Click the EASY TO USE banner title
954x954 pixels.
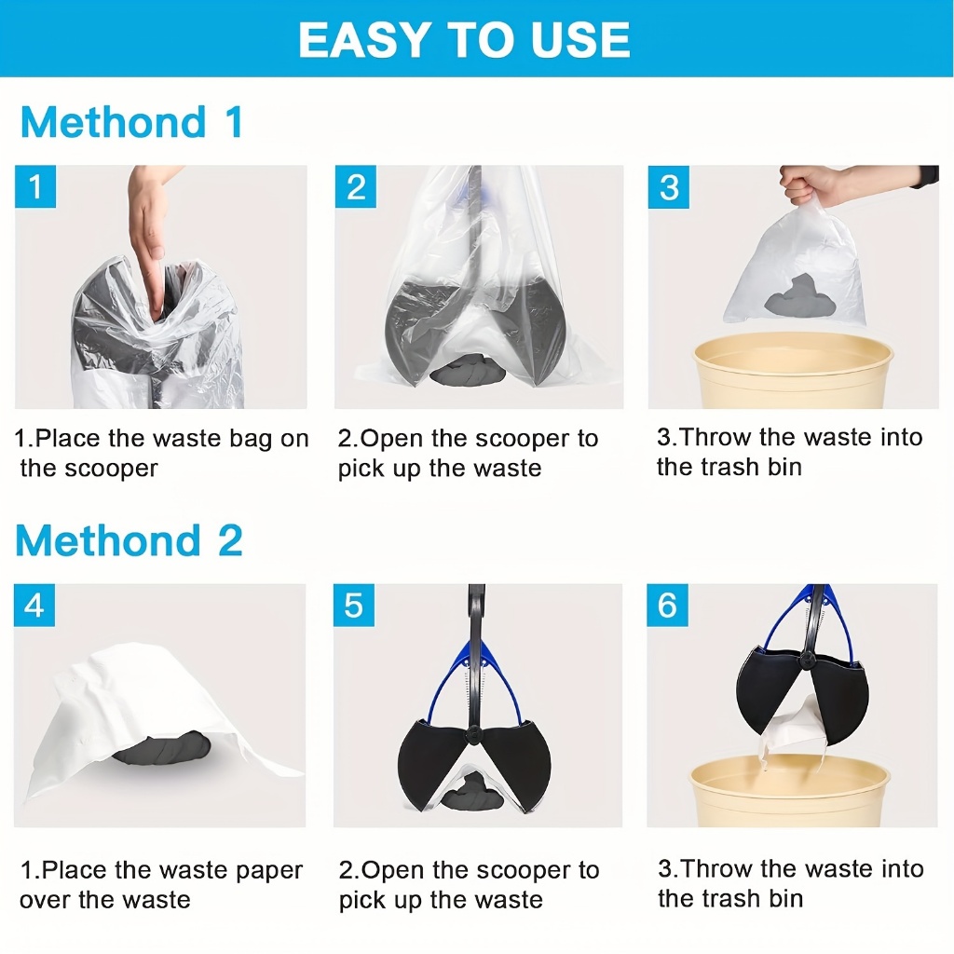[464, 40]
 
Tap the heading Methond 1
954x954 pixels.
[132, 122]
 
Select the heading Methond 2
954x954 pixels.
[129, 540]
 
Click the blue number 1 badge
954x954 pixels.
[35, 186]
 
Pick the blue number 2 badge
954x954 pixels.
[355, 186]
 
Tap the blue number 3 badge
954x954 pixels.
[669, 186]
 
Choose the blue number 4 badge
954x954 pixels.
[34, 606]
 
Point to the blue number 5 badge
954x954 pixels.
[354, 606]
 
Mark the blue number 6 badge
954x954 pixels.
[667, 606]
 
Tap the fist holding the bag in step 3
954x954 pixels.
[804, 185]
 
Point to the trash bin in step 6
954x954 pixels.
[790, 792]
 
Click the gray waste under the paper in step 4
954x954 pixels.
[162, 748]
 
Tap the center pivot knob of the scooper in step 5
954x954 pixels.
[471, 736]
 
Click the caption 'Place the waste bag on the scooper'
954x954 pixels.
[162, 454]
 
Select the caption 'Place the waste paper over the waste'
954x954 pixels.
[161, 885]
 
